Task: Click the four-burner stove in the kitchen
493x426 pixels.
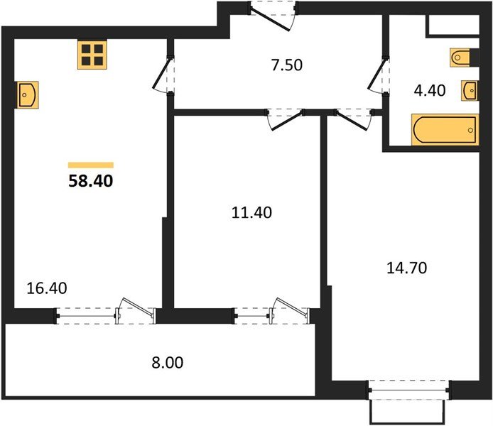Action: click(x=92, y=55)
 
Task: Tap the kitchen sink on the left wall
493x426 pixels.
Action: click(x=28, y=95)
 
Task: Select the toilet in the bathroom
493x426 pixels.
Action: click(x=460, y=58)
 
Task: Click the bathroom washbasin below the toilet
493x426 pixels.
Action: click(x=470, y=90)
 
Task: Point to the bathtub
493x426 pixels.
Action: click(x=445, y=130)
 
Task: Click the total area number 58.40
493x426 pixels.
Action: click(x=90, y=181)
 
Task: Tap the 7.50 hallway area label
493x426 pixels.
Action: click(x=287, y=65)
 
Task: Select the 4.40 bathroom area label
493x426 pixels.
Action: click(x=430, y=90)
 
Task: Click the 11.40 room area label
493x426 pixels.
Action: click(x=251, y=213)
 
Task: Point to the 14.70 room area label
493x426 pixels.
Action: click(x=406, y=268)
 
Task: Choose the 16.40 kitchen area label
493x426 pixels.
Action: click(x=47, y=288)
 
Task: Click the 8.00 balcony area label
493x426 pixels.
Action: click(x=167, y=363)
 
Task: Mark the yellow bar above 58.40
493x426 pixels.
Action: click(x=91, y=165)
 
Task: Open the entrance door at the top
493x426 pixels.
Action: click(x=273, y=16)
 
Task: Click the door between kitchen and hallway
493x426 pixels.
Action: click(x=163, y=74)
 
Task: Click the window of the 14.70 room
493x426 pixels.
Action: click(x=408, y=390)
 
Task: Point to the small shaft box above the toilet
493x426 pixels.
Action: click(x=453, y=25)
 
